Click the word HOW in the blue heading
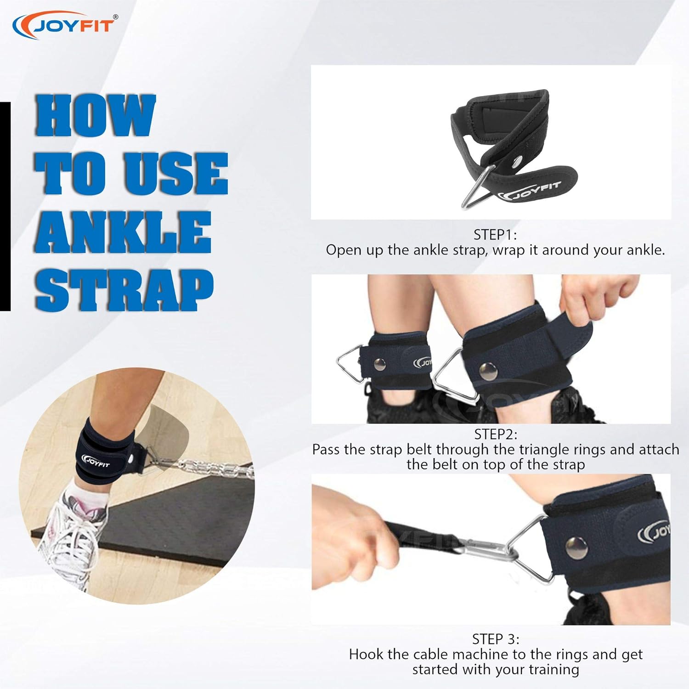coord(96,115)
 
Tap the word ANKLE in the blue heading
coord(123,232)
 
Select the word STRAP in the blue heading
coord(124,289)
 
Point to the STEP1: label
coord(495,235)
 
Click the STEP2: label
coord(496,434)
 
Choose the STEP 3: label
coord(496,639)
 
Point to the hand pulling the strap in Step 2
coord(597,299)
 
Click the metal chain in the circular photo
coord(211,469)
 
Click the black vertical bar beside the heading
coord(5,207)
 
